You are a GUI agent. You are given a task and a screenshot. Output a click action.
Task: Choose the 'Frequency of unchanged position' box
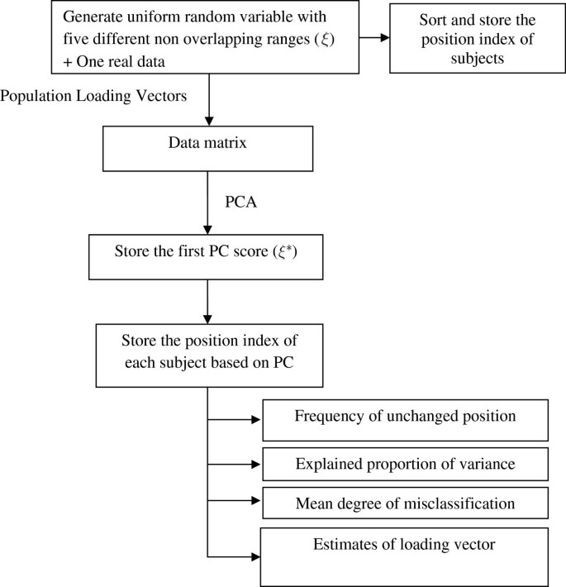click(405, 420)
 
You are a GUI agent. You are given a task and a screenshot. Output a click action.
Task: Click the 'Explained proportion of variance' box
click(405, 464)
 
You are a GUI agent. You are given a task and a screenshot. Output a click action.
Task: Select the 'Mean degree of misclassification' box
click(405, 503)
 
